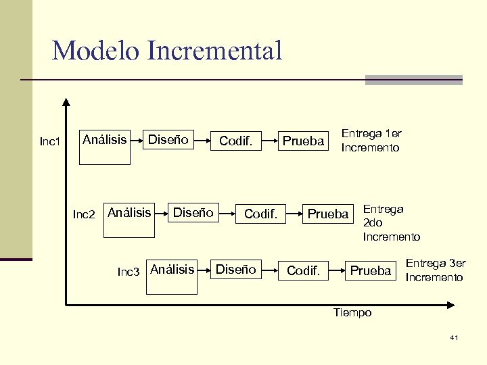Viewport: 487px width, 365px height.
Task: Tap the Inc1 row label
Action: coord(50,142)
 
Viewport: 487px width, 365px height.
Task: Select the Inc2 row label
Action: coord(84,215)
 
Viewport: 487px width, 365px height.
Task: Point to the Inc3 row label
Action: coord(129,272)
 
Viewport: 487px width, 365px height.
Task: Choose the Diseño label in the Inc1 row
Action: coord(168,140)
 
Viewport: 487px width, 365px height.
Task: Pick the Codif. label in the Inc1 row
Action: coord(235,142)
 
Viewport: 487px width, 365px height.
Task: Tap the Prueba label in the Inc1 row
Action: coord(303,142)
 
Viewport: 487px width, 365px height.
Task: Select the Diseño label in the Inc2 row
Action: coord(193,213)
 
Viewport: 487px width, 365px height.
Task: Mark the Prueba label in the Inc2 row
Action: coord(327,214)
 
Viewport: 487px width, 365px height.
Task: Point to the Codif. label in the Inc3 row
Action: coord(303,271)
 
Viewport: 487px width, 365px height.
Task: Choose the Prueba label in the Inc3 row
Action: coord(371,271)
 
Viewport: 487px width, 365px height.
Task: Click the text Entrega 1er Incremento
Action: coord(371,141)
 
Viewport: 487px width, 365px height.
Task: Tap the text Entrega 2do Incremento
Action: coord(391,223)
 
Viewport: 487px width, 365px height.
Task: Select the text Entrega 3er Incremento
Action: coord(435,270)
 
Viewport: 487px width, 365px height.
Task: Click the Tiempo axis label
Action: coord(352,312)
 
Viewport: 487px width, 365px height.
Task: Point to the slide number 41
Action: coord(454,337)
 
